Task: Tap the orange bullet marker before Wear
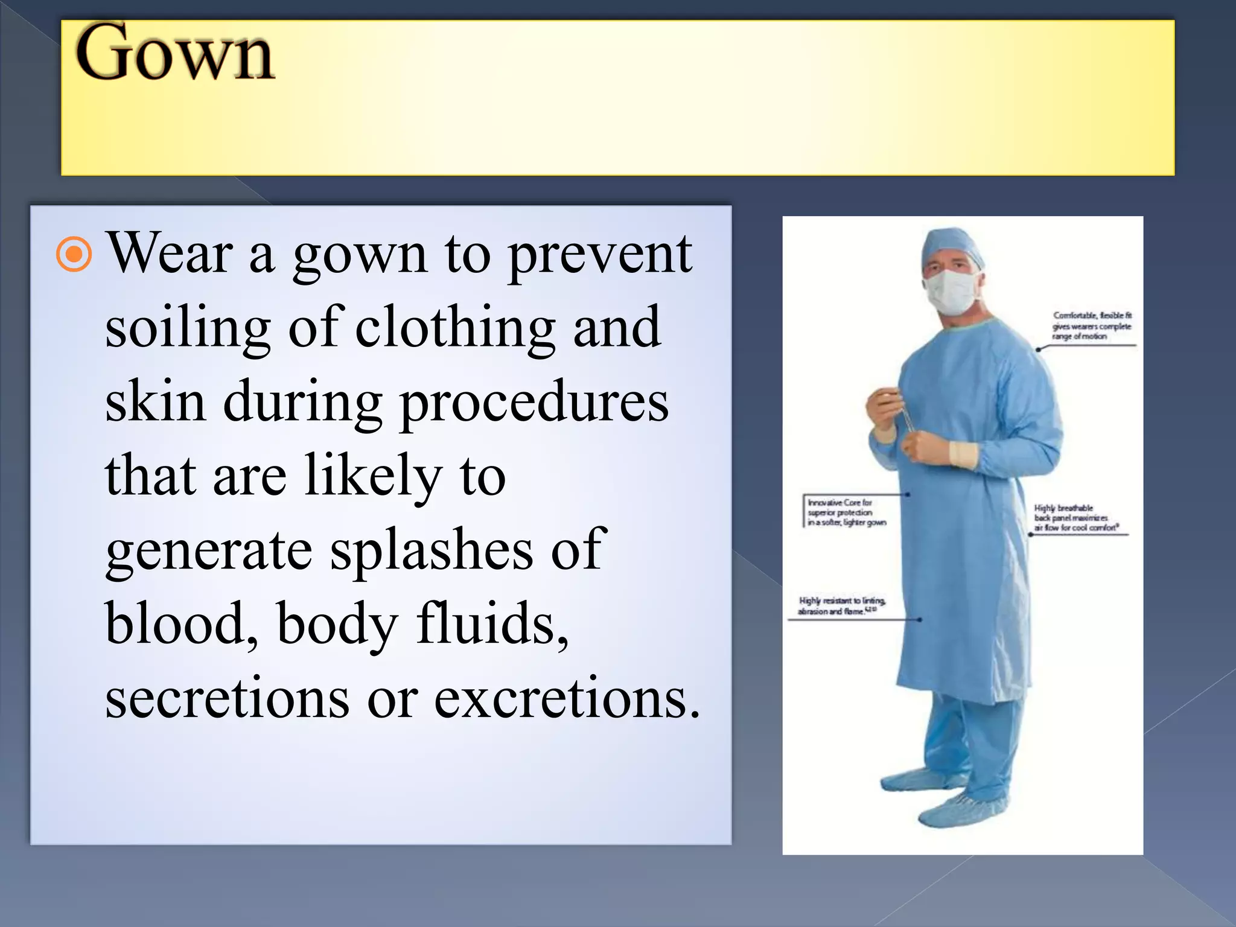pyautogui.click(x=74, y=255)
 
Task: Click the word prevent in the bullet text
pyautogui.click(x=599, y=256)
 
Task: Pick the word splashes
pyautogui.click(x=432, y=550)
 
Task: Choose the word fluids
pyautogui.click(x=492, y=624)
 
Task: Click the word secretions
pyautogui.click(x=227, y=699)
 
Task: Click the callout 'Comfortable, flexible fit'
pyautogui.click(x=1092, y=326)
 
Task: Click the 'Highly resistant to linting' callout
pyautogui.click(x=841, y=605)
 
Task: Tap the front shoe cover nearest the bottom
pyautogui.click(x=963, y=809)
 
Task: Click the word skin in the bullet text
pyautogui.click(x=155, y=403)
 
